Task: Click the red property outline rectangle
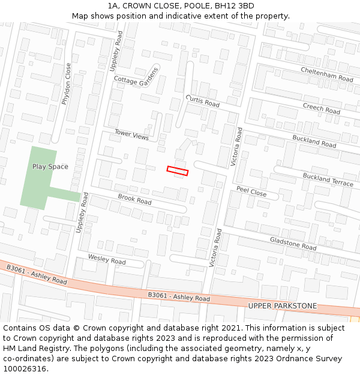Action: [178, 171]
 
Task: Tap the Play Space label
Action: [50, 167]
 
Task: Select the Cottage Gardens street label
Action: [137, 79]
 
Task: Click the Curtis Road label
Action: [203, 100]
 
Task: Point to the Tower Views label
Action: [131, 135]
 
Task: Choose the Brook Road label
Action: [134, 199]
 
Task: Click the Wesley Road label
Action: [107, 259]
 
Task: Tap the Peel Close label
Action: [251, 191]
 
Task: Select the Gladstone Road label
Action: [293, 243]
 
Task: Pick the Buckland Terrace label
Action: [328, 179]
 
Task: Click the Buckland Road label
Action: [314, 141]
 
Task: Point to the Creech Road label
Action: [321, 108]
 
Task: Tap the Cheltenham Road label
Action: [327, 74]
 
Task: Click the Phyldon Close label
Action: [67, 84]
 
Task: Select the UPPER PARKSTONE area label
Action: [282, 306]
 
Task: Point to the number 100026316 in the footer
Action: [25, 368]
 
